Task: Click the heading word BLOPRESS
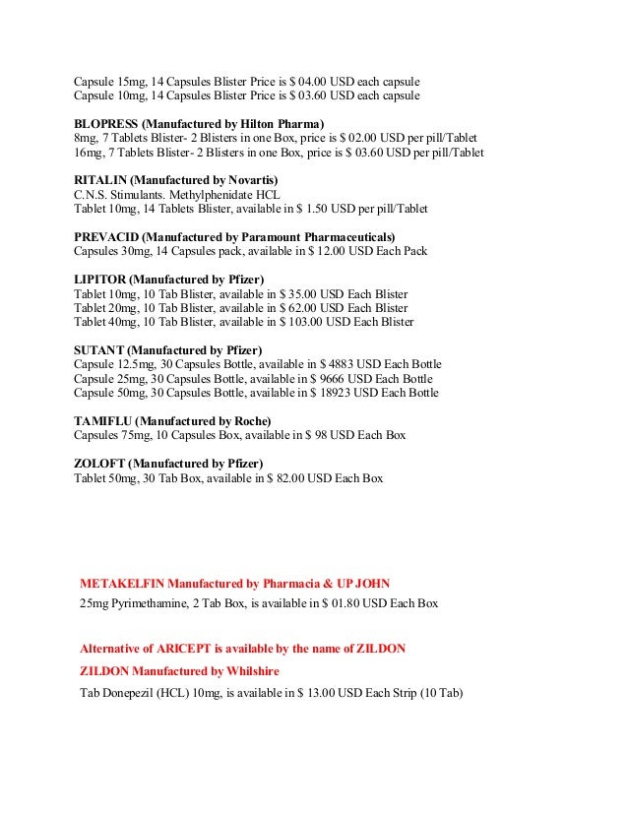pyautogui.click(x=105, y=124)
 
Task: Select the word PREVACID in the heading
pyautogui.click(x=106, y=238)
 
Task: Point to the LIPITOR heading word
pyautogui.click(x=100, y=281)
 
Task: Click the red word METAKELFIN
pyautogui.click(x=125, y=583)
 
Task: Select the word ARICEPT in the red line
pyautogui.click(x=192, y=650)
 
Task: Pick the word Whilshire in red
pyautogui.click(x=249, y=671)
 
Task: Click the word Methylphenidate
pyautogui.click(x=196, y=195)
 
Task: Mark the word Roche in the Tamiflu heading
pyautogui.click(x=248, y=421)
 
